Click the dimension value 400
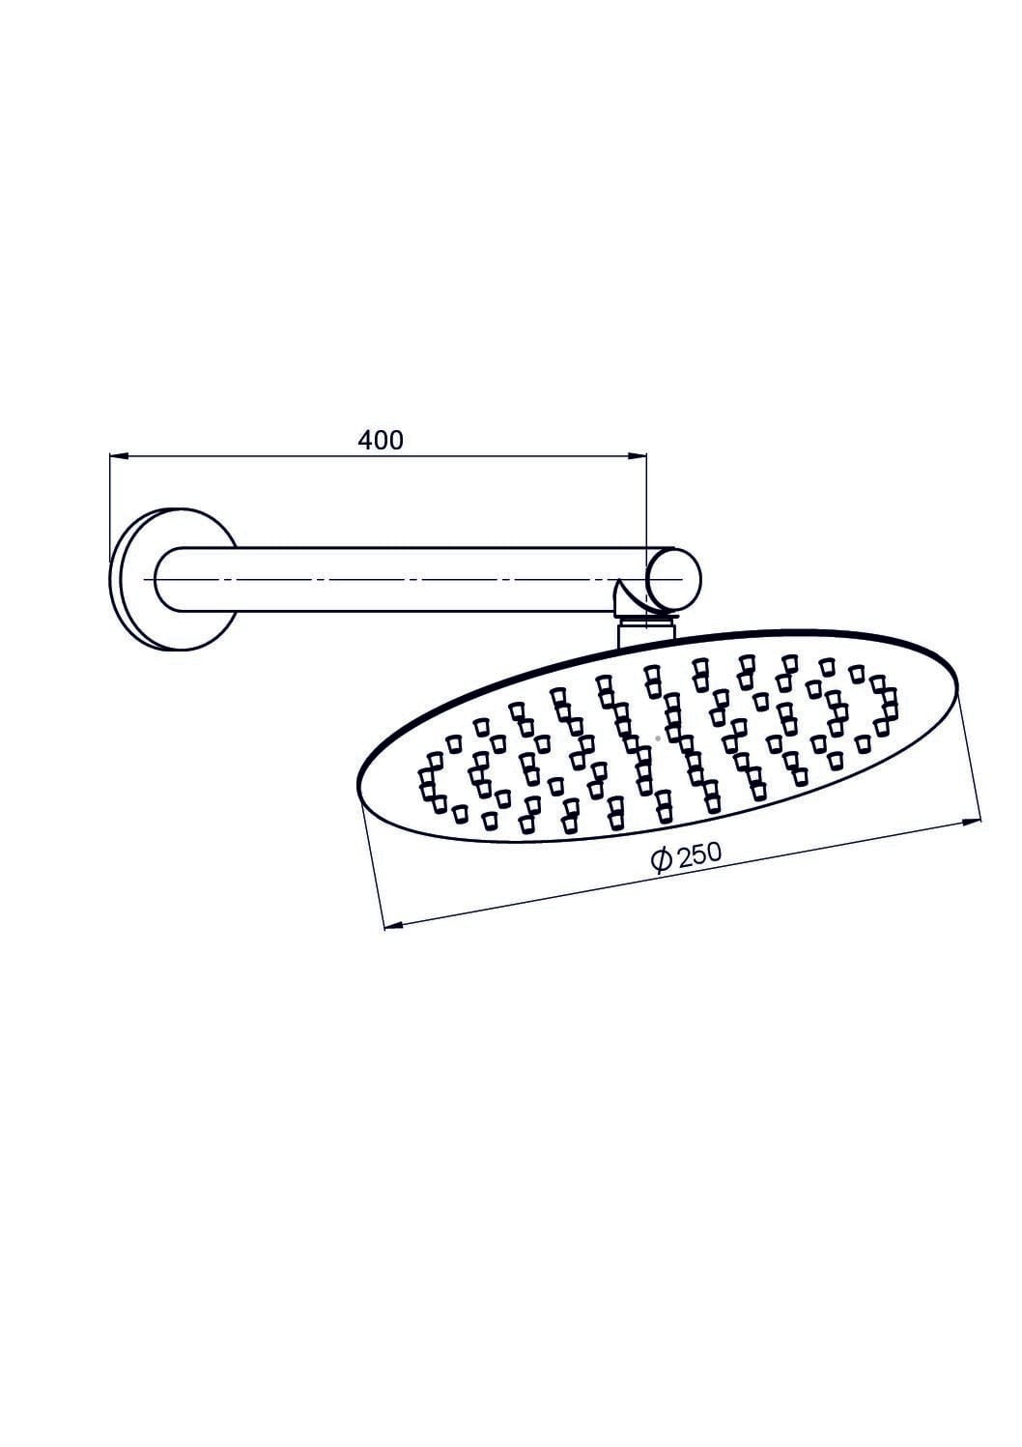(x=381, y=441)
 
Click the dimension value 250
(x=700, y=854)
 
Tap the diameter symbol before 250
(x=663, y=861)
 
